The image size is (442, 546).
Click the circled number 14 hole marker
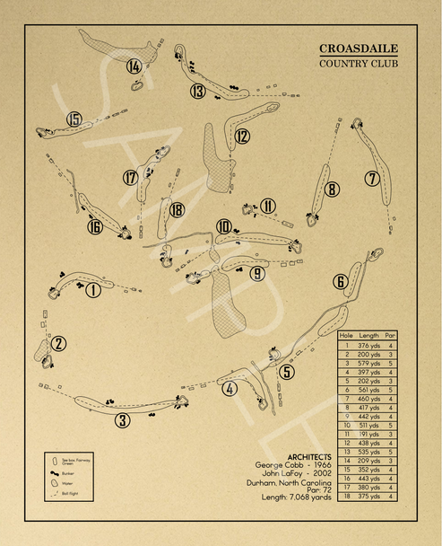(x=134, y=66)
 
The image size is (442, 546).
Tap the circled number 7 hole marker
(x=372, y=178)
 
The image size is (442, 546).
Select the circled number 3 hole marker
(x=122, y=419)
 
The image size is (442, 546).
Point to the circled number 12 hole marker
(x=242, y=136)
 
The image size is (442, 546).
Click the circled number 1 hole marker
(x=92, y=289)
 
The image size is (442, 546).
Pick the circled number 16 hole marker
(x=95, y=226)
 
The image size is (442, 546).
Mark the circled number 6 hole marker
(x=341, y=282)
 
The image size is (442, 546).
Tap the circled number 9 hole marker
(x=257, y=274)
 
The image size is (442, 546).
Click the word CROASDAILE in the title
(x=359, y=48)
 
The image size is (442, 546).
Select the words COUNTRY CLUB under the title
(x=359, y=64)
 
